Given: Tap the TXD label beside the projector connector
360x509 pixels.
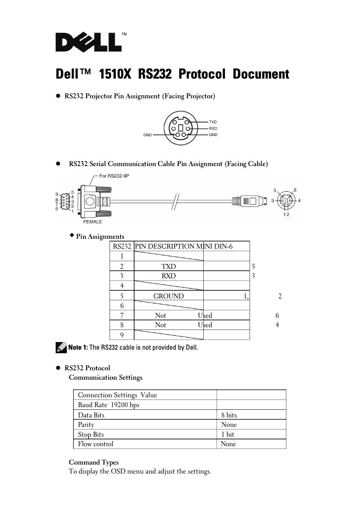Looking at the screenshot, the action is coord(213,122).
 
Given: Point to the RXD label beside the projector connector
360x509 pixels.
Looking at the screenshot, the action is coord(213,128).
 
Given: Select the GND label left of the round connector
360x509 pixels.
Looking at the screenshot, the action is coord(147,135).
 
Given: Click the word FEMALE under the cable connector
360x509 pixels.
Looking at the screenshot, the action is coord(92,222).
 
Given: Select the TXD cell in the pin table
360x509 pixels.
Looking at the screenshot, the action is coord(168,267).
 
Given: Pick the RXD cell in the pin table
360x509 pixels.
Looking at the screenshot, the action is coord(168,276).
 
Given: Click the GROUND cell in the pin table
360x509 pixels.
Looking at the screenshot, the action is coord(168,296).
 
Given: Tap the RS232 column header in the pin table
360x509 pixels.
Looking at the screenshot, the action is coord(122,246).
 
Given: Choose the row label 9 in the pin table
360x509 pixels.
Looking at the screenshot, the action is coord(122,335).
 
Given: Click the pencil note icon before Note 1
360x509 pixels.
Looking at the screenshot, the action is coord(61,347).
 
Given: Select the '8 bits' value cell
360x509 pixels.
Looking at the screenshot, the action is coord(229,415).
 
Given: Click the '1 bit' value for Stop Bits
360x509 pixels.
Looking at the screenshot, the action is coord(228,434).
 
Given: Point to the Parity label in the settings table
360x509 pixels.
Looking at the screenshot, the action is coord(86,425).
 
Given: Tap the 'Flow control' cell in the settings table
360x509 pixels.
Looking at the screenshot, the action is coord(96,444).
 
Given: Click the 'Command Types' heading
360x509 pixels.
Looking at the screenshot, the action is coord(94,462).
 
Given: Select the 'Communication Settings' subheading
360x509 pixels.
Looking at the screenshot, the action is coord(105,377).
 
